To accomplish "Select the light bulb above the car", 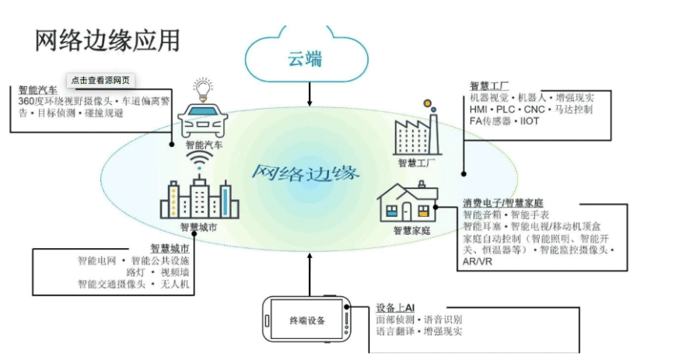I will [x=203, y=89].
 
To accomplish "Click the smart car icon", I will [x=205, y=124].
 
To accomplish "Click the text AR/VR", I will [x=477, y=262].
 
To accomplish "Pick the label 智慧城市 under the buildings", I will [x=199, y=228].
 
